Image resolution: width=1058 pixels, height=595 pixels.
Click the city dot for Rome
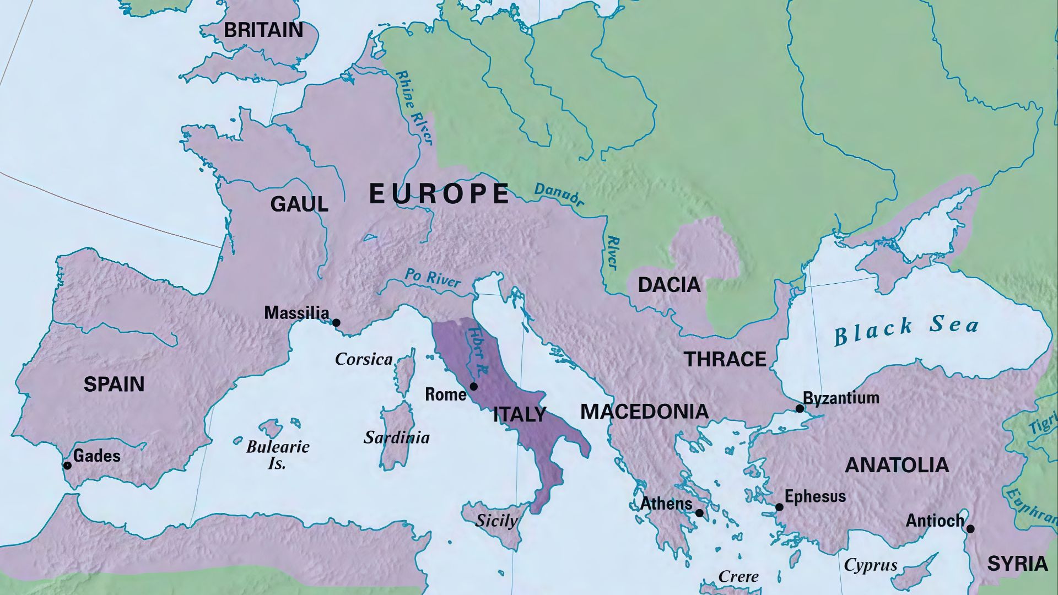473,387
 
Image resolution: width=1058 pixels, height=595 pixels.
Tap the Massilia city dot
336,323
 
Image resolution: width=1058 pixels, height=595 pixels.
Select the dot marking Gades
67,466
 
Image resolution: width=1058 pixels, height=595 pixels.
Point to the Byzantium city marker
800,409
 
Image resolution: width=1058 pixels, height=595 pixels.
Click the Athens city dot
699,513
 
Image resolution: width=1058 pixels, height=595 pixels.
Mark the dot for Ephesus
779,507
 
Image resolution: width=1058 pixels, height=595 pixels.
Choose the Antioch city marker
970,529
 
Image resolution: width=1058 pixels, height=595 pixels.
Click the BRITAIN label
263,30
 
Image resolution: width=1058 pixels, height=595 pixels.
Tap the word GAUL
299,204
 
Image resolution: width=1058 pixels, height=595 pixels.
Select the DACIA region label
669,285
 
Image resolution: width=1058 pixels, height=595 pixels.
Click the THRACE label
725,360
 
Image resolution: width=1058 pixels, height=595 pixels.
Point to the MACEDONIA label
644,412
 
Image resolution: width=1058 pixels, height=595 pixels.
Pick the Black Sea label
905,329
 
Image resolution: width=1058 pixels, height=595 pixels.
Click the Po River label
433,278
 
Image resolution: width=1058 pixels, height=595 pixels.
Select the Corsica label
364,360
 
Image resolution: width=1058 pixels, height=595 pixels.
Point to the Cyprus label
871,565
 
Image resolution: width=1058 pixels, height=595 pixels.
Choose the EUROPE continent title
439,194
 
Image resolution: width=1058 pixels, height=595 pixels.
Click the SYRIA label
1017,564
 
